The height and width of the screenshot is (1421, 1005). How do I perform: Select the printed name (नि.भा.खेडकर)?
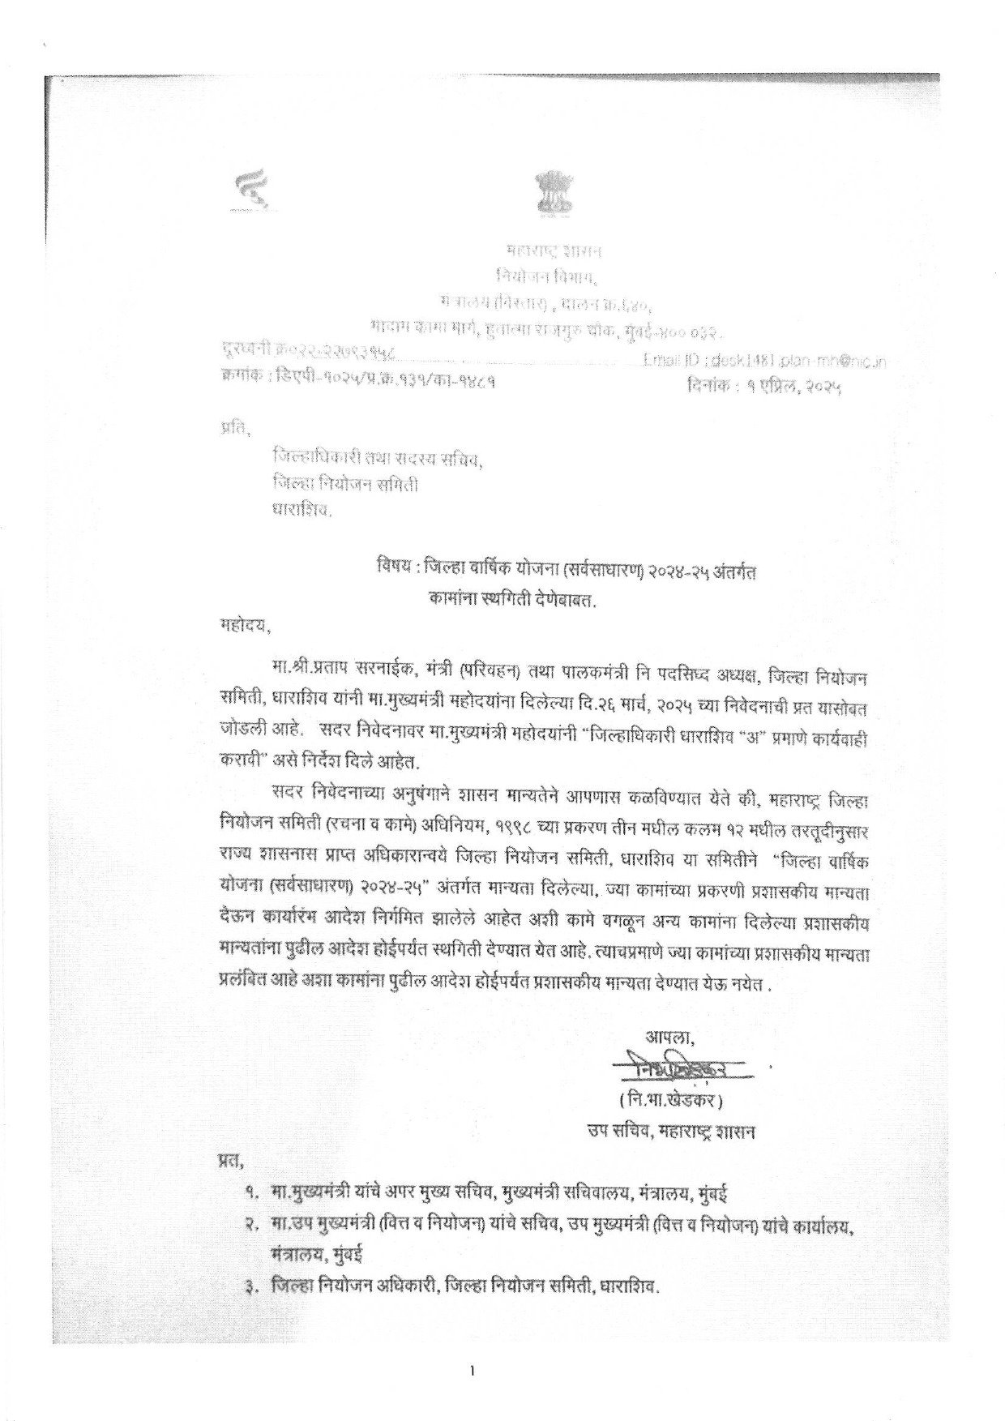[x=669, y=1101]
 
